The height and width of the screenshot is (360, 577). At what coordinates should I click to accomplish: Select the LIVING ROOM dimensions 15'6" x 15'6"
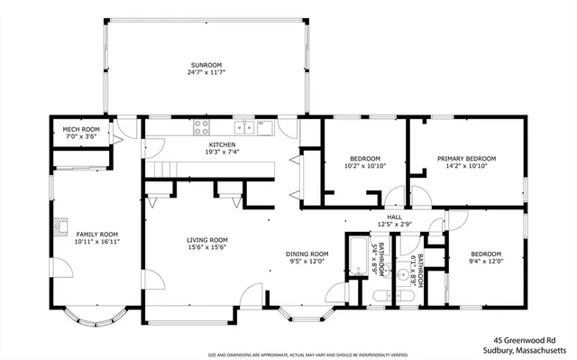point(206,246)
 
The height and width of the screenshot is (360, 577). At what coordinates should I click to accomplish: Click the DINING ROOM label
point(307,254)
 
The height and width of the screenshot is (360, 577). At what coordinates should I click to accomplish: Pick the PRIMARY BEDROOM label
point(466,159)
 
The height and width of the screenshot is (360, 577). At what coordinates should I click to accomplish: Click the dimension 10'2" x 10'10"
point(365,166)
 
